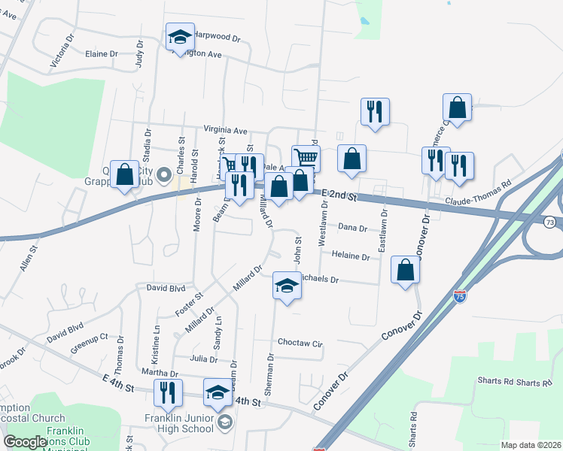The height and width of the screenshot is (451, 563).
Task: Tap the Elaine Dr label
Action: pos(102,54)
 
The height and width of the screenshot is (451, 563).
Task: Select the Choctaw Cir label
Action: pos(300,343)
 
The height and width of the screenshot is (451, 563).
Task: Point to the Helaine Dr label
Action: pos(351,257)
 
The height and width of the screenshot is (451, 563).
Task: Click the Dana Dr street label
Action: pos(352,227)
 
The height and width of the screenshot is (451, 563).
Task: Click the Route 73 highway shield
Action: pos(552,222)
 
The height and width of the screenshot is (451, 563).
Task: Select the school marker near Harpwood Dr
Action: pos(181,36)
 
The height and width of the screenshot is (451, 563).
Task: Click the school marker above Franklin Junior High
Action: pos(218,393)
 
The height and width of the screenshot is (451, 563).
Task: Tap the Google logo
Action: pos(26,442)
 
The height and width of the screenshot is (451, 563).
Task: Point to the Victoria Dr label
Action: pos(62,51)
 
